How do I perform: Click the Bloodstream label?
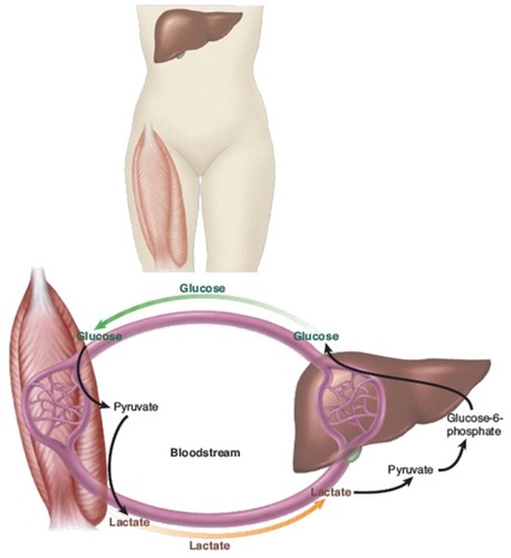click(x=205, y=452)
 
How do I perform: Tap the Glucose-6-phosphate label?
click(x=474, y=424)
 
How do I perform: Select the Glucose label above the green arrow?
click(x=202, y=288)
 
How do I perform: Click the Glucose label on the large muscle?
click(x=100, y=336)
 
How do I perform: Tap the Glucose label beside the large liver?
click(x=316, y=336)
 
